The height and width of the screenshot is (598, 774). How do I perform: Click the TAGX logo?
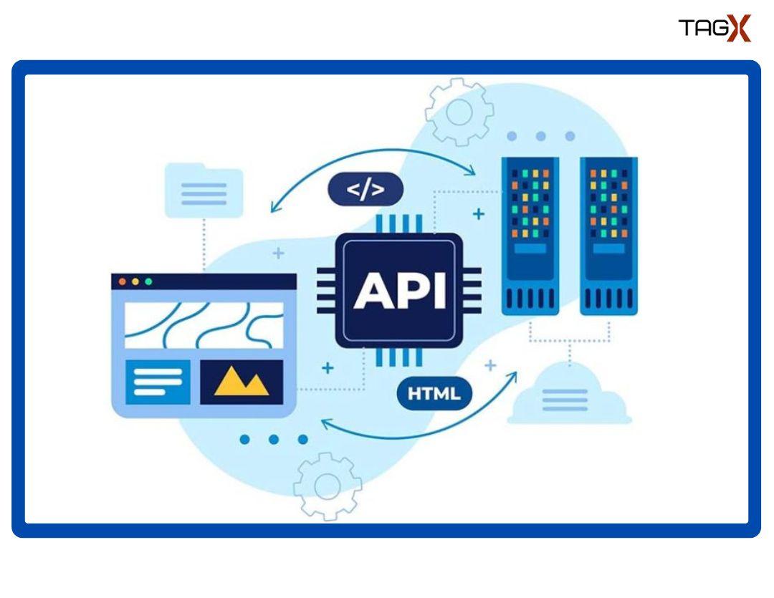click(714, 29)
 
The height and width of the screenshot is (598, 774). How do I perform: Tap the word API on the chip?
click(398, 291)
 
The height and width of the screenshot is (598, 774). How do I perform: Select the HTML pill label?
click(434, 393)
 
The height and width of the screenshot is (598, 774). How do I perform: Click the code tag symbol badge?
click(365, 189)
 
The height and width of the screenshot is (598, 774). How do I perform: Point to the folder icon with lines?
click(204, 191)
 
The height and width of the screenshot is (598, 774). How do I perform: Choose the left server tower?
click(530, 236)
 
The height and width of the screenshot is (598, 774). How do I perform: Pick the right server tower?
click(608, 236)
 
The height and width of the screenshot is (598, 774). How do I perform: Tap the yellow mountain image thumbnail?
click(242, 382)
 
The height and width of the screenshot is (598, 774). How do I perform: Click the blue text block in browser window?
click(158, 382)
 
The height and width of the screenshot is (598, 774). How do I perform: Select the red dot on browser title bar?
click(122, 281)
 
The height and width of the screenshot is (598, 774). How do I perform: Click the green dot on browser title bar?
click(148, 281)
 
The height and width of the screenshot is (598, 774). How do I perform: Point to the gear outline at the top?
click(459, 112)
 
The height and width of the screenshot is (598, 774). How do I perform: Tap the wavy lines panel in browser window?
click(204, 324)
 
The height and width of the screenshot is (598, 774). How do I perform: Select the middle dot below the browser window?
click(274, 439)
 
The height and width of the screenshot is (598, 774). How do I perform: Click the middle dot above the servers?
click(540, 136)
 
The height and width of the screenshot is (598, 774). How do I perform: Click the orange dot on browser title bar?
click(135, 281)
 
